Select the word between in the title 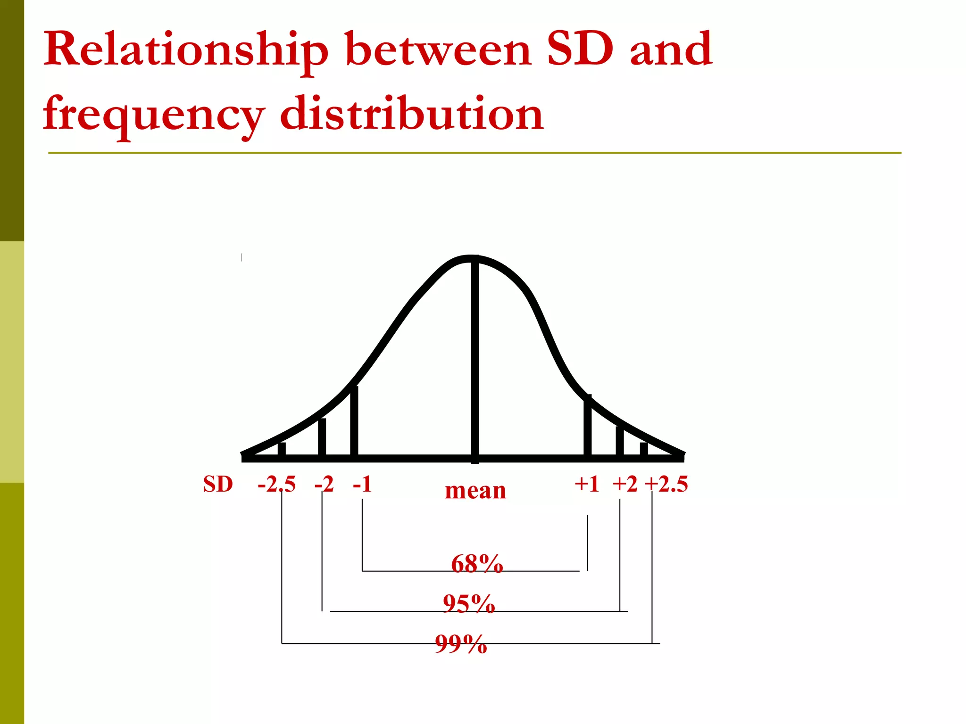438,49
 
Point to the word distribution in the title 411,113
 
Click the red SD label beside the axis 218,484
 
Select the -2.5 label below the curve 276,484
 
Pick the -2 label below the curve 324,484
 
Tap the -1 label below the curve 362,484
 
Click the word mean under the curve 475,490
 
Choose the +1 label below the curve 587,484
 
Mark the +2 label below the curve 625,484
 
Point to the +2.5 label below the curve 666,484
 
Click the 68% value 477,563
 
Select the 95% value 469,603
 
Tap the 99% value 461,644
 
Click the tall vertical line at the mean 475,358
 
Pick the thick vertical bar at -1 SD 354,421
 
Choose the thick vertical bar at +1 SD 587,426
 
